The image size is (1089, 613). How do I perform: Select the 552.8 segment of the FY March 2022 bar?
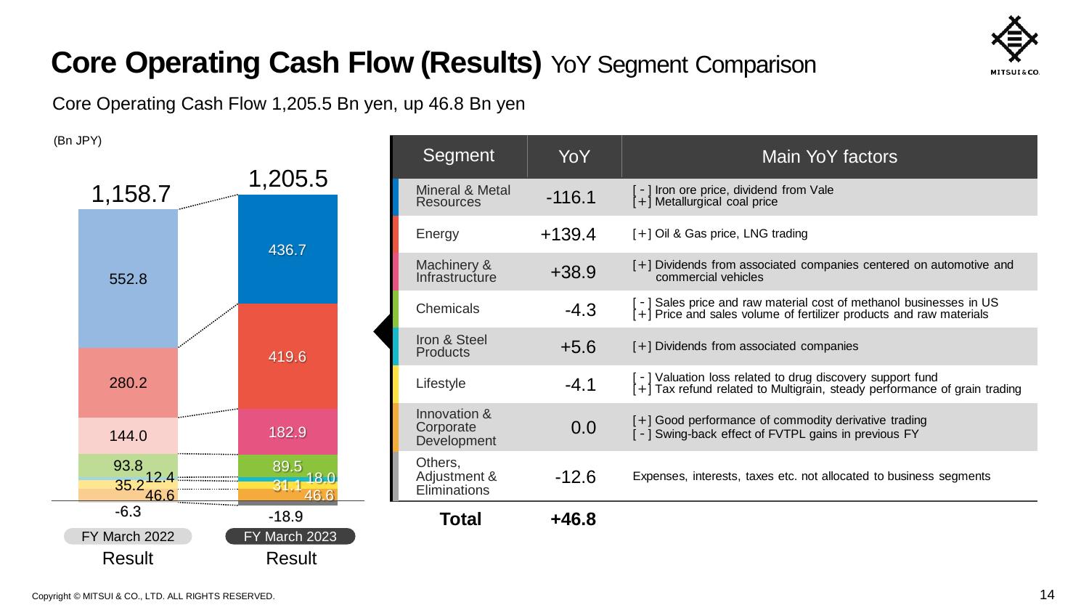tap(129, 278)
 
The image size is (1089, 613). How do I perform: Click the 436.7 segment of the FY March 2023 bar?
tap(287, 249)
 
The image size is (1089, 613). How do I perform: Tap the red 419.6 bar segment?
tap(287, 357)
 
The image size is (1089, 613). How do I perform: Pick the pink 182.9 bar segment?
tap(287, 432)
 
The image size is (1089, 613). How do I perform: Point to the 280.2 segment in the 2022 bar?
tap(129, 383)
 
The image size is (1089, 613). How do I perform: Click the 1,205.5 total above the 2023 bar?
tap(288, 179)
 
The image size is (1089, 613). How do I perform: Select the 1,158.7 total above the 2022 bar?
tap(131, 194)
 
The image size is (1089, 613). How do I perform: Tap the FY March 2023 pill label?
tap(290, 536)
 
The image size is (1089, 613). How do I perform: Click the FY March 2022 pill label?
tap(128, 536)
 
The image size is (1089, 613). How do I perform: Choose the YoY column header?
tap(574, 157)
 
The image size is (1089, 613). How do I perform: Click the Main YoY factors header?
tap(829, 157)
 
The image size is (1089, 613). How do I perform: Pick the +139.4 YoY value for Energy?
tap(568, 235)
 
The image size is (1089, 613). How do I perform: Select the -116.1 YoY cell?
tap(571, 198)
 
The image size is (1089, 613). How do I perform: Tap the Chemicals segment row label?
tap(447, 309)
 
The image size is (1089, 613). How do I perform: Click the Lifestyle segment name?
tap(441, 383)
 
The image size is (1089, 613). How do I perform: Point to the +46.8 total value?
tap(574, 519)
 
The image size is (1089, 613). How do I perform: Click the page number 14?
tap(1047, 595)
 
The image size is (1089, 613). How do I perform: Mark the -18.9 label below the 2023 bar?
tap(285, 516)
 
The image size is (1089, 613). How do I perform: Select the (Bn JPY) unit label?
tap(78, 141)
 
